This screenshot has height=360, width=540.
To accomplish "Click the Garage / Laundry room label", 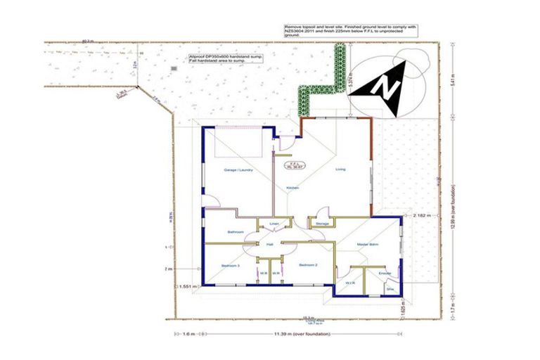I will [x=238, y=170].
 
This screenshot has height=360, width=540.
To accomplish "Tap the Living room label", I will [x=340, y=169].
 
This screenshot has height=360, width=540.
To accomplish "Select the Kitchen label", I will [x=293, y=188].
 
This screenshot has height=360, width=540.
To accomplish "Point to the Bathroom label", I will [x=235, y=232].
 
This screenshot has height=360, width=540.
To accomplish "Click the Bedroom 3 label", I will [x=231, y=265].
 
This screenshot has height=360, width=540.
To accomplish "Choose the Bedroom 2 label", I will [x=309, y=265].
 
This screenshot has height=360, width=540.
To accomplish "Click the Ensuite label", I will [x=384, y=273].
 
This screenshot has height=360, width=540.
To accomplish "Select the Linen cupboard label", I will [x=275, y=224].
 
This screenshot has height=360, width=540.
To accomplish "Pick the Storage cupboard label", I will [x=322, y=224].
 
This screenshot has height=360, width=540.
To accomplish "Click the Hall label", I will [x=269, y=245].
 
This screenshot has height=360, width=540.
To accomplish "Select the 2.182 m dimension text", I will [x=423, y=215].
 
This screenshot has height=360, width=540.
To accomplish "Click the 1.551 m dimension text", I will [x=186, y=286].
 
